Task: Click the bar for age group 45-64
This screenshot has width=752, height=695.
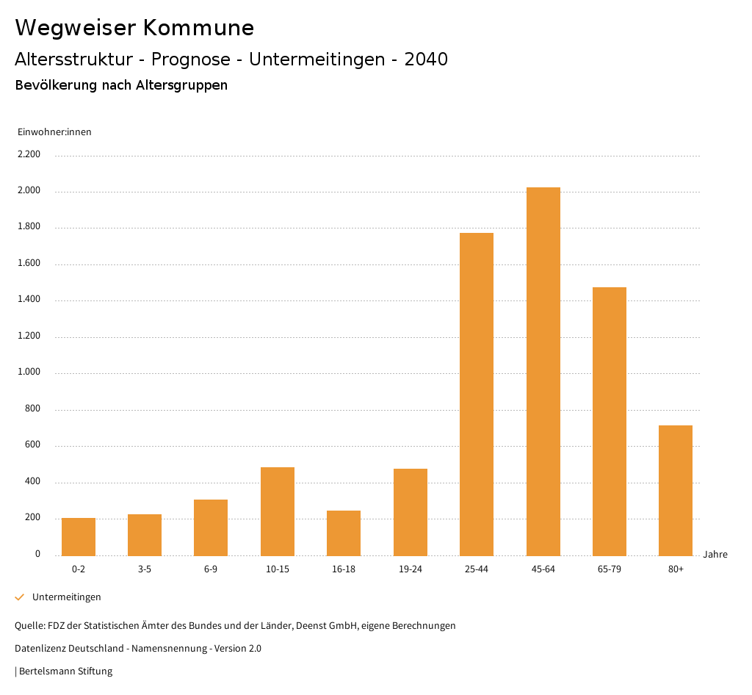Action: [x=543, y=371]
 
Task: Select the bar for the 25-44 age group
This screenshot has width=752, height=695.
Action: [x=477, y=394]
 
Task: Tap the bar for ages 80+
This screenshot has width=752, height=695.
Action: [x=676, y=490]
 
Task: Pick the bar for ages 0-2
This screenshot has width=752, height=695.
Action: [x=79, y=536]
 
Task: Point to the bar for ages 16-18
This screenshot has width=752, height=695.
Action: [x=344, y=533]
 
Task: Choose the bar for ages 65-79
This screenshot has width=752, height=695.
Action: [x=610, y=421]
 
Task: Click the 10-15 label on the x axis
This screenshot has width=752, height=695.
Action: [x=278, y=569]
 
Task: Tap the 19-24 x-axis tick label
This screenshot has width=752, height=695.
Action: [x=410, y=569]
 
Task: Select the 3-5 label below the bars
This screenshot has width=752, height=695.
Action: [x=145, y=569]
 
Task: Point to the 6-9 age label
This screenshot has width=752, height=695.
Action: [x=211, y=569]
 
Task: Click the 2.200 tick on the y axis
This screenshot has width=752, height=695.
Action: [x=29, y=155]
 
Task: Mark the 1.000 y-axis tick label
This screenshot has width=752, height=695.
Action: [x=29, y=372]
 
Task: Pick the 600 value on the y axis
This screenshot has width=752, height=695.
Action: [x=32, y=445]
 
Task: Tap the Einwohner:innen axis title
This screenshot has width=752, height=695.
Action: [x=54, y=132]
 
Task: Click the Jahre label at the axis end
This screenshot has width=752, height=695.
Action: [x=715, y=555]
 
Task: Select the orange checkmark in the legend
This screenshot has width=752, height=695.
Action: [x=20, y=597]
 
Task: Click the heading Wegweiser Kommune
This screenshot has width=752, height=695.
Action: [x=134, y=28]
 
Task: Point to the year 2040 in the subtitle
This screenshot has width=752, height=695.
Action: [x=426, y=60]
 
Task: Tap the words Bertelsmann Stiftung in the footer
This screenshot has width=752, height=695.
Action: [x=65, y=671]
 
